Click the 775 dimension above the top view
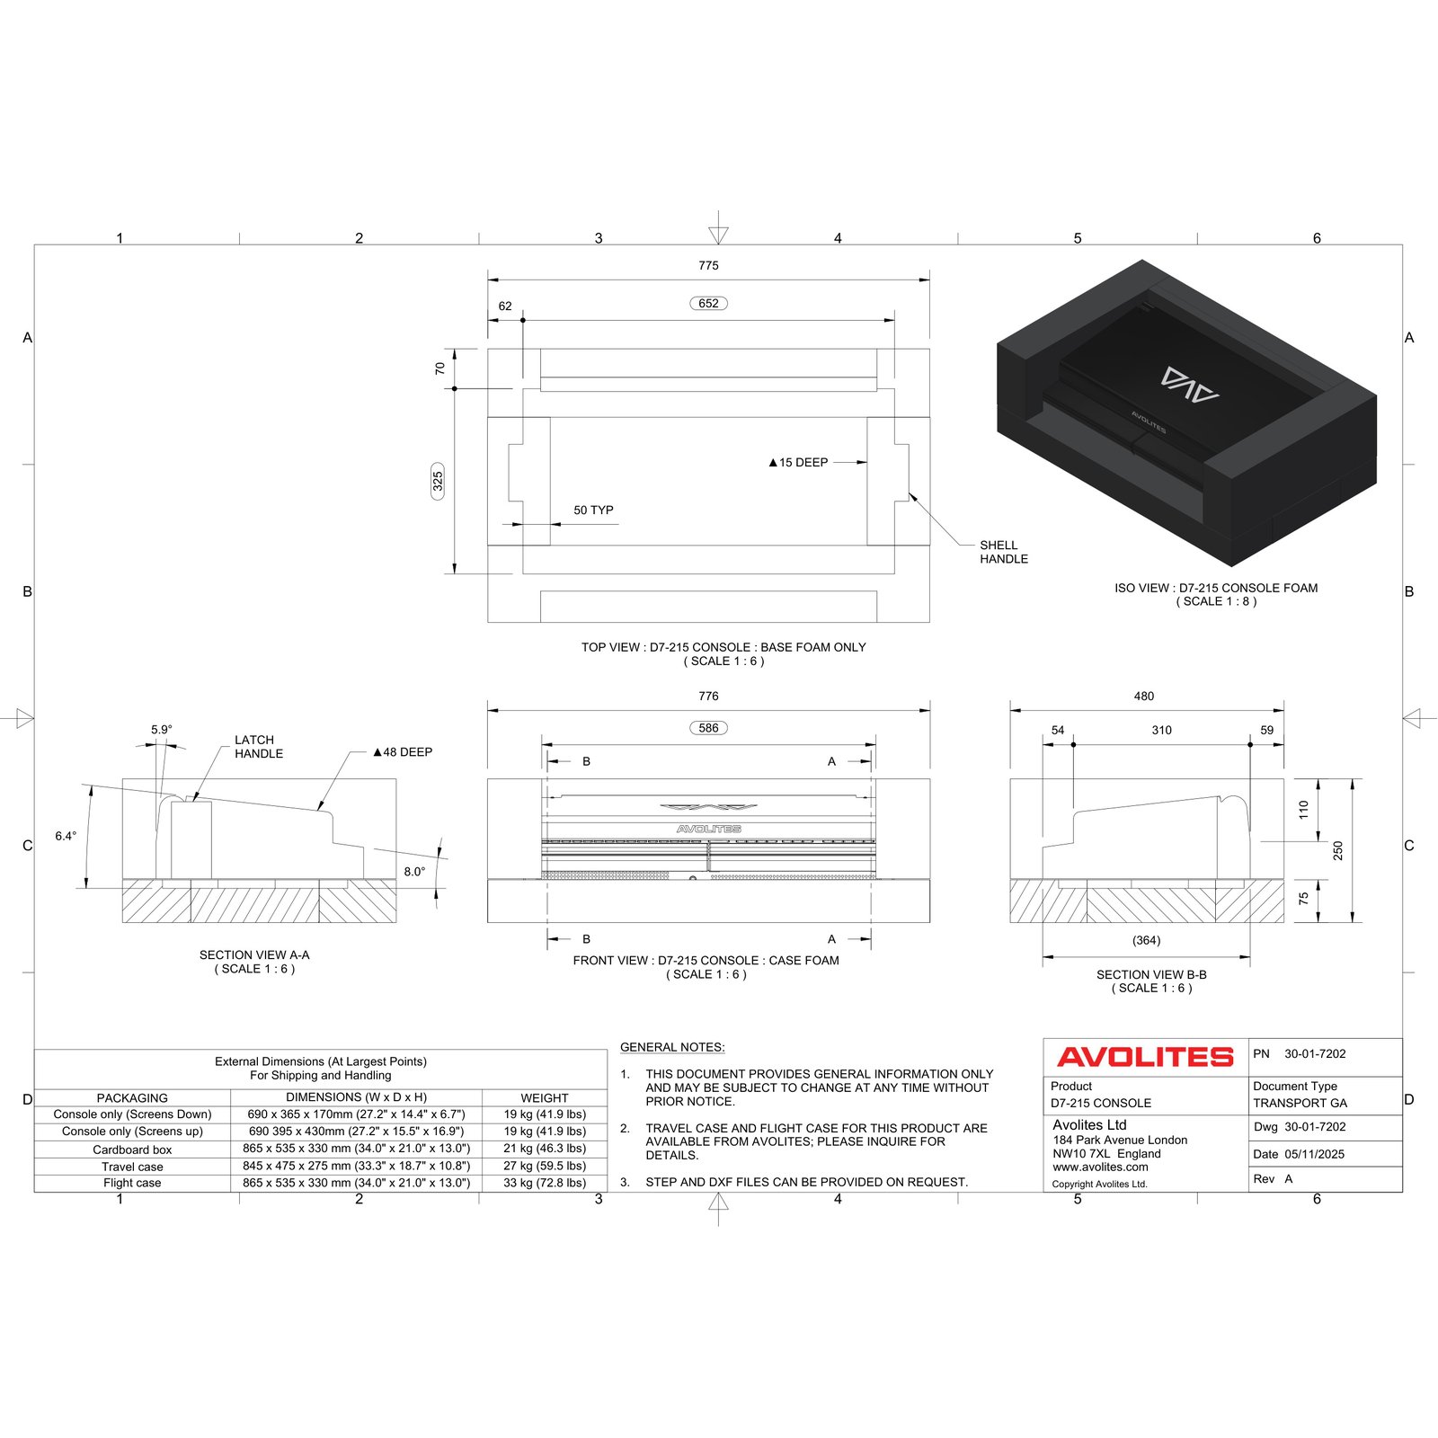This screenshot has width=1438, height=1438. pos(708,266)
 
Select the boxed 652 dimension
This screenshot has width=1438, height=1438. pos(708,304)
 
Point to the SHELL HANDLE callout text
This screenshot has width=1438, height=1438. pos(1004,552)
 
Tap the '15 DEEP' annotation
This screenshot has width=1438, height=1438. pos(798,463)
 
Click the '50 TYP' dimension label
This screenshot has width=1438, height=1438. pos(593,510)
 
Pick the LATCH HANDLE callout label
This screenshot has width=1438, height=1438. pos(259,747)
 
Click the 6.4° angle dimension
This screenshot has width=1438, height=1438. pos(66,836)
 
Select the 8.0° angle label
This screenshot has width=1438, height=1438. pos(414,871)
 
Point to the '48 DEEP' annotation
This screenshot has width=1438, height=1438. pos(403,752)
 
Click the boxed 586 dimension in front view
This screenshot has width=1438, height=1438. pos(708,728)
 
